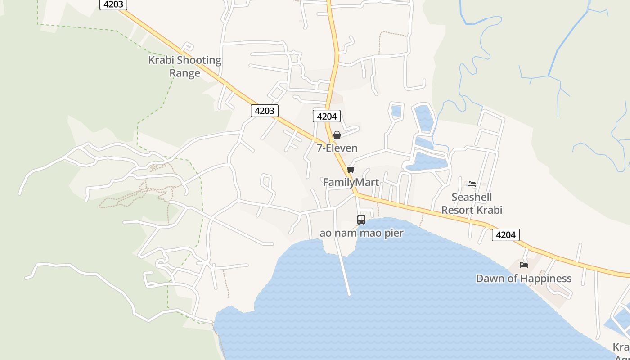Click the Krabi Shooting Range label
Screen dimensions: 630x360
[184, 67]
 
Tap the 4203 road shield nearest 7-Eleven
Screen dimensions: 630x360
[264, 111]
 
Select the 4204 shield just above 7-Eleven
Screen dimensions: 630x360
[327, 116]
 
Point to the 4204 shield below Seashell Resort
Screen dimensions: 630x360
[506, 234]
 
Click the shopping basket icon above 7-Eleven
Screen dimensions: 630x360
[337, 135]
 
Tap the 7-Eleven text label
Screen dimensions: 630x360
[337, 148]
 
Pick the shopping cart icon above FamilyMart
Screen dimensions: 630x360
[351, 170]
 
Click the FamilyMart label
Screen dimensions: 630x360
[351, 182]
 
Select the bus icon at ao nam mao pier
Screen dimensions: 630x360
[361, 220]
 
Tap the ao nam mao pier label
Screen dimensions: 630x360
[361, 233]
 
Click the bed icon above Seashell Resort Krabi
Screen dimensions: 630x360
[472, 184]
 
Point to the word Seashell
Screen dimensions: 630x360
[472, 197]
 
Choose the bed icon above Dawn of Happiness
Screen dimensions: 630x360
[524, 265]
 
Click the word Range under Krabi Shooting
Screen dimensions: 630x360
[184, 73]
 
